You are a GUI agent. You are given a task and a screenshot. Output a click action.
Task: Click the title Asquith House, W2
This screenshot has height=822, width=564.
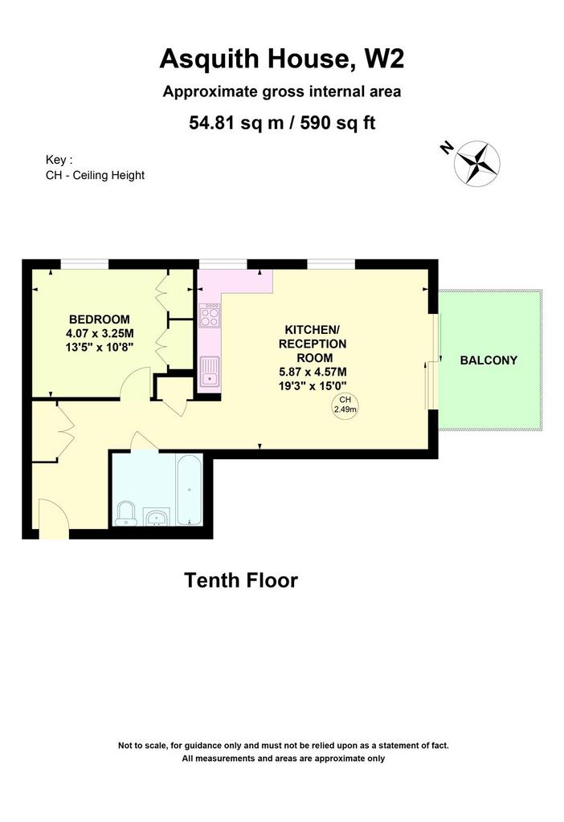tap(282, 59)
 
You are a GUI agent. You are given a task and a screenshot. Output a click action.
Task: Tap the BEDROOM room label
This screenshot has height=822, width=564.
tap(99, 319)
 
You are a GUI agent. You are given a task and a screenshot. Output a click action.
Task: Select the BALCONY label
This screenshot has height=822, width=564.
tap(488, 360)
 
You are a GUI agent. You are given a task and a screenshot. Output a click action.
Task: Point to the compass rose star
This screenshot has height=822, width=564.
tap(477, 163)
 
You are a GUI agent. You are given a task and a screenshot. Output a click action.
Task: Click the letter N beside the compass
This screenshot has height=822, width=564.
tap(447, 149)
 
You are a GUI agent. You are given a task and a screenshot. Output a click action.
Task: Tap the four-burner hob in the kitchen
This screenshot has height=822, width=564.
tap(210, 315)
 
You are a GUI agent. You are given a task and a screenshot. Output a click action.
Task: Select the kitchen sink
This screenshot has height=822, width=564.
tap(210, 371)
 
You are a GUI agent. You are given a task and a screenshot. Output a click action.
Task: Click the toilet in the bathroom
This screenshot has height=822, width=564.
tap(126, 513)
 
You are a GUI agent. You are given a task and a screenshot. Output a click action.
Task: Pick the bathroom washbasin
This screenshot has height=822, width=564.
tap(156, 517)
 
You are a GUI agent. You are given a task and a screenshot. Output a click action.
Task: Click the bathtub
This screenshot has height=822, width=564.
tap(189, 490)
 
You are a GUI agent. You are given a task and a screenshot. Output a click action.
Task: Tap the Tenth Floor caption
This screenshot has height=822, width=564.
tap(241, 580)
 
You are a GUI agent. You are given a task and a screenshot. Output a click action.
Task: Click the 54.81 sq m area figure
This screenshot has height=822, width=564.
tap(237, 123)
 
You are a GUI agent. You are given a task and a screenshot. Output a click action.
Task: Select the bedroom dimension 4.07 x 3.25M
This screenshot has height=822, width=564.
tap(100, 333)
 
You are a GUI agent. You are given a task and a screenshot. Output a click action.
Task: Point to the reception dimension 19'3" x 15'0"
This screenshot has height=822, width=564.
tap(313, 386)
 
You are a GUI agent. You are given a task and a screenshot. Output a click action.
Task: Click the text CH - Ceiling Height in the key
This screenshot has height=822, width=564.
tap(95, 175)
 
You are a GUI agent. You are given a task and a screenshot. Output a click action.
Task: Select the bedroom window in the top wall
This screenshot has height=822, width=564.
tap(84, 263)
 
